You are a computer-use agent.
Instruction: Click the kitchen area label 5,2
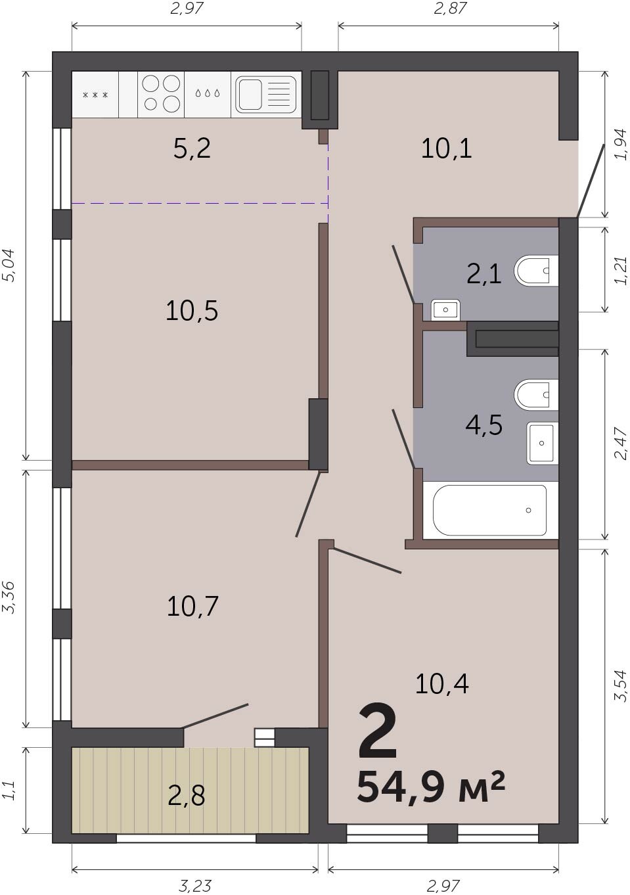192,148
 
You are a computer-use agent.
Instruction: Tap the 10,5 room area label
192,311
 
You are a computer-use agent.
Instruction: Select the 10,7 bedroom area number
192,606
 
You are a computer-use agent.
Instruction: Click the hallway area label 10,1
447,149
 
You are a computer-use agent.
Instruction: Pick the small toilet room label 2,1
484,275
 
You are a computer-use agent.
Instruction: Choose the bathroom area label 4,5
484,425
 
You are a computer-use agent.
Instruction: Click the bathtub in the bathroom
490,510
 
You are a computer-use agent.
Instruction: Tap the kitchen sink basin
248,94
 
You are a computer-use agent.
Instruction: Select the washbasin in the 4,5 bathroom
542,443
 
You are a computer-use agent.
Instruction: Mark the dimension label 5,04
9,265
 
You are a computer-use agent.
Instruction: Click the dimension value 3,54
621,685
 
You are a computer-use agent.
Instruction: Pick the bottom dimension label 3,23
194,885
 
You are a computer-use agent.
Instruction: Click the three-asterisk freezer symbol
95,95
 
